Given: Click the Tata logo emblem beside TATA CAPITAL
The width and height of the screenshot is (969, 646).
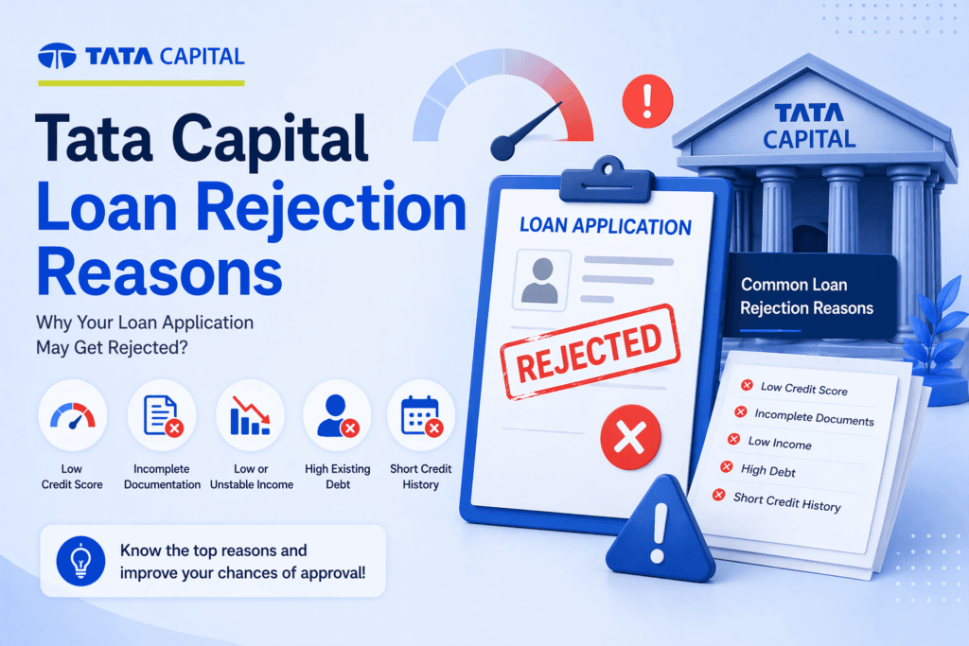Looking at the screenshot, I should [57, 56].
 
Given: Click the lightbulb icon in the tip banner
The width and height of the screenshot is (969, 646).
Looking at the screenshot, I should [79, 560].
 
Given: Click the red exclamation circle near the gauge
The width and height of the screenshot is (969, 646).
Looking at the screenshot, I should [647, 96].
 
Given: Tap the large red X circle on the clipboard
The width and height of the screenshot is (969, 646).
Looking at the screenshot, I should [630, 436].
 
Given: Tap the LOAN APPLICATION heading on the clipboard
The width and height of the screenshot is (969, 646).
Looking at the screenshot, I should [606, 226].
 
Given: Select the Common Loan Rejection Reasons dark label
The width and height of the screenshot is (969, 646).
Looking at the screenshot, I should [806, 296].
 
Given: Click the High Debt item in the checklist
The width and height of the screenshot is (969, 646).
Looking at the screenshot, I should [768, 470].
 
